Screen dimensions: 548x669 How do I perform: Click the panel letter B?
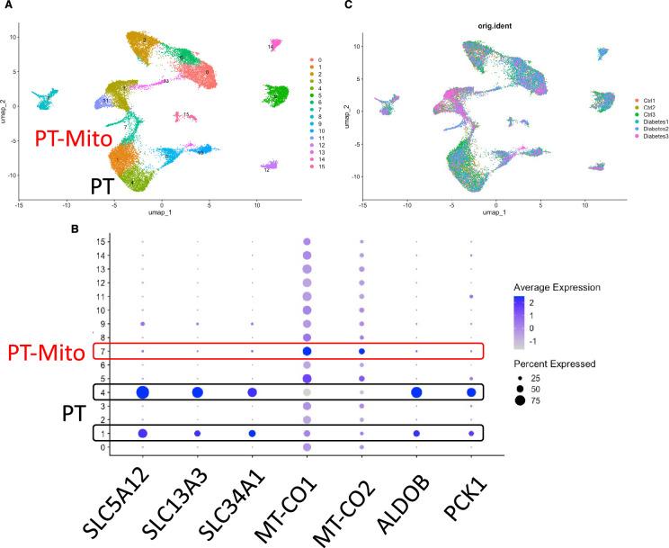pyautogui.click(x=74, y=229)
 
